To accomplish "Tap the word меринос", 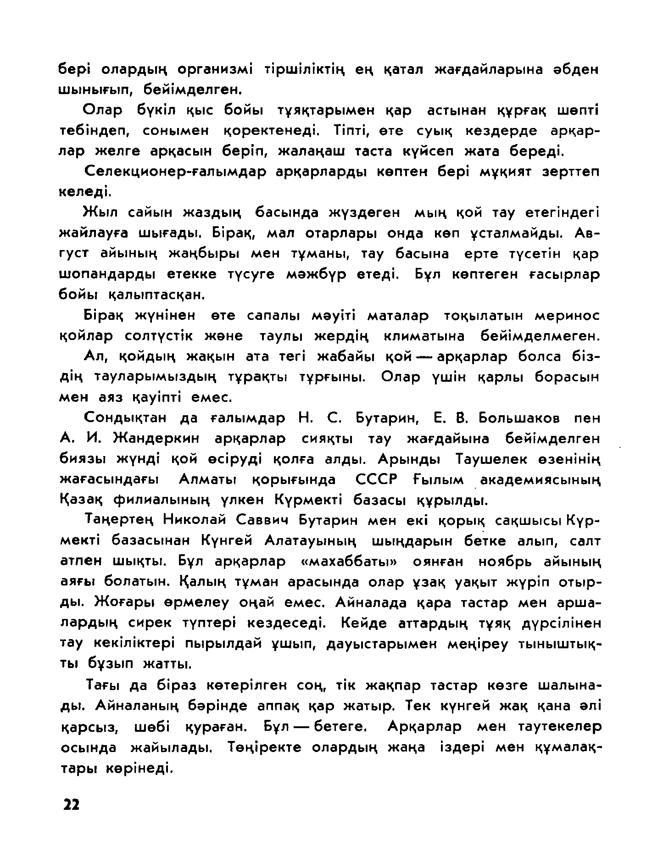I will pyautogui.click(x=568, y=316).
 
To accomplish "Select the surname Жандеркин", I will pyautogui.click(x=156, y=439).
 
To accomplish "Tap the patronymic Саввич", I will pyautogui.click(x=266, y=521).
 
